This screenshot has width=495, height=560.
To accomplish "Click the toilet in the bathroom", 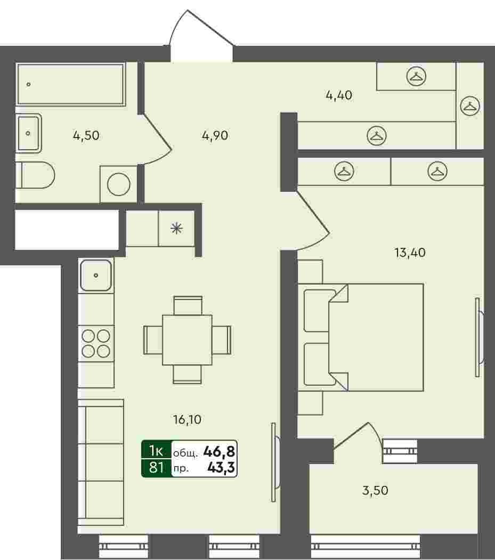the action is pyautogui.click(x=35, y=175).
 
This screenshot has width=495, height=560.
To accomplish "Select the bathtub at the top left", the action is pyautogui.click(x=71, y=84).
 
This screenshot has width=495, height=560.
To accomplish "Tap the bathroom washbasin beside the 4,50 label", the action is pyautogui.click(x=29, y=133).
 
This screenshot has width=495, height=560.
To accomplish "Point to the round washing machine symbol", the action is pyautogui.click(x=119, y=184).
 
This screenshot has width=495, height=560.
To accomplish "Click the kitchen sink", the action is pyautogui.click(x=96, y=275).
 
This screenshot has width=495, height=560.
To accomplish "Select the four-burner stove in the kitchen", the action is pyautogui.click(x=96, y=344).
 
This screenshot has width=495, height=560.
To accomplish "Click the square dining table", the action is pyautogui.click(x=187, y=339).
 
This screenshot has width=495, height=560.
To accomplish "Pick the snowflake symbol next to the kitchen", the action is pyautogui.click(x=176, y=228).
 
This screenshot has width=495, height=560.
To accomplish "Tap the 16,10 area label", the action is pyautogui.click(x=187, y=419).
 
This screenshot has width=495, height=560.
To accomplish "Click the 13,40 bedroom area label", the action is pyautogui.click(x=410, y=253).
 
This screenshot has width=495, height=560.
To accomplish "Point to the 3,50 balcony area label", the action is pyautogui.click(x=375, y=490).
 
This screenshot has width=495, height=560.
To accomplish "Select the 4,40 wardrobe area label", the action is pyautogui.click(x=339, y=95).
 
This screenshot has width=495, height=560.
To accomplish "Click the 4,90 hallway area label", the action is pyautogui.click(x=215, y=135).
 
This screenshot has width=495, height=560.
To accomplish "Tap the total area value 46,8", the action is pyautogui.click(x=219, y=452).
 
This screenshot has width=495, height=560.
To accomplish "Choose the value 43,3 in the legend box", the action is pyautogui.click(x=221, y=467).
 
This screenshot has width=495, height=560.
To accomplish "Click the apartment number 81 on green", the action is pyautogui.click(x=156, y=467).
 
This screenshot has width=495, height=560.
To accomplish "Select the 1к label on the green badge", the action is pyautogui.click(x=156, y=451).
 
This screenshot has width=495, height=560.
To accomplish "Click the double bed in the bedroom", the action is pyautogui.click(x=361, y=337).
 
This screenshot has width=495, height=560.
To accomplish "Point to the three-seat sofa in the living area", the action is pyautogui.click(x=101, y=462).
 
